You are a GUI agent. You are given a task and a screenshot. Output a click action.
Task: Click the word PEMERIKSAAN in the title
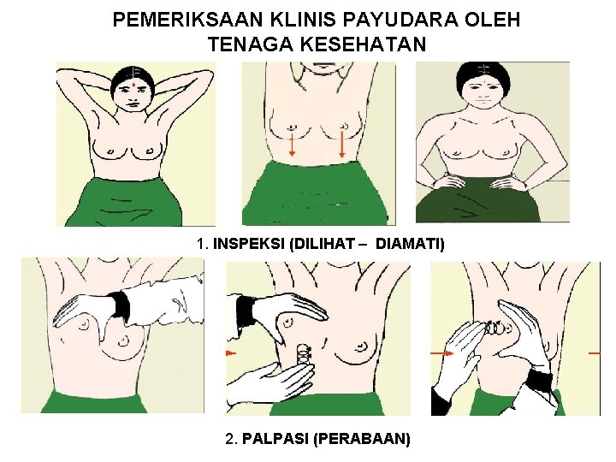click(187, 20)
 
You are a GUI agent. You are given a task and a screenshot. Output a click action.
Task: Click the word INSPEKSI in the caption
click(249, 244)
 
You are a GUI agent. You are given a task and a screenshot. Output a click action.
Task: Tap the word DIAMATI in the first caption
click(410, 244)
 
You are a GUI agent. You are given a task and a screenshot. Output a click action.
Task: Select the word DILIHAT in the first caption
click(323, 244)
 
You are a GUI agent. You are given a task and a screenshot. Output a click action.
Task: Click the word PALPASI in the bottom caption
click(275, 438)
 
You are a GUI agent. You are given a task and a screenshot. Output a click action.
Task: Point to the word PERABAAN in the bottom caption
click(362, 438)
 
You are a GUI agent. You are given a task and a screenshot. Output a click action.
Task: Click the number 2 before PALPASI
click(230, 438)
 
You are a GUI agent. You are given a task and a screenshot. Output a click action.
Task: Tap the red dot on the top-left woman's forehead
click(135, 84)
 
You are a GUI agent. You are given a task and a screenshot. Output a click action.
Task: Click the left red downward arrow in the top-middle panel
click(292, 145)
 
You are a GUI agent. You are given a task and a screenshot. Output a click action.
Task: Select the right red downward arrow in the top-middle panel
click(341, 145)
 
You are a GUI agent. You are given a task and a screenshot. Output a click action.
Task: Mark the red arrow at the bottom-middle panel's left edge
click(231, 353)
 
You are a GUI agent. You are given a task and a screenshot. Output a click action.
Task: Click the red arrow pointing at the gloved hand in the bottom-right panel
click(441, 353)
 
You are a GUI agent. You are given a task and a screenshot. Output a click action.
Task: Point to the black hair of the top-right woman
click(483, 74)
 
